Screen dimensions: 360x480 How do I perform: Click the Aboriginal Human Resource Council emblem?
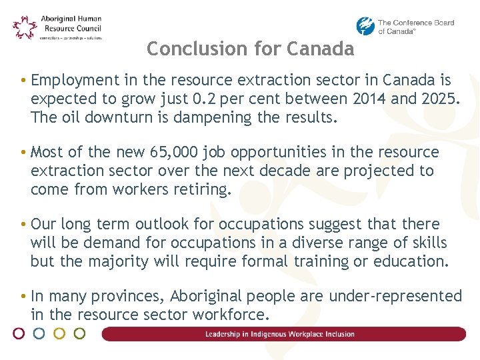[25, 27]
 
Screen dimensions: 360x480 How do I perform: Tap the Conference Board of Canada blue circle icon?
[365, 27]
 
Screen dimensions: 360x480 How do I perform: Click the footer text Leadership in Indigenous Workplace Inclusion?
[280, 334]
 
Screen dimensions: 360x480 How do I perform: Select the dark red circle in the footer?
[19, 333]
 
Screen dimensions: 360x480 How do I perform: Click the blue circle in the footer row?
[39, 333]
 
